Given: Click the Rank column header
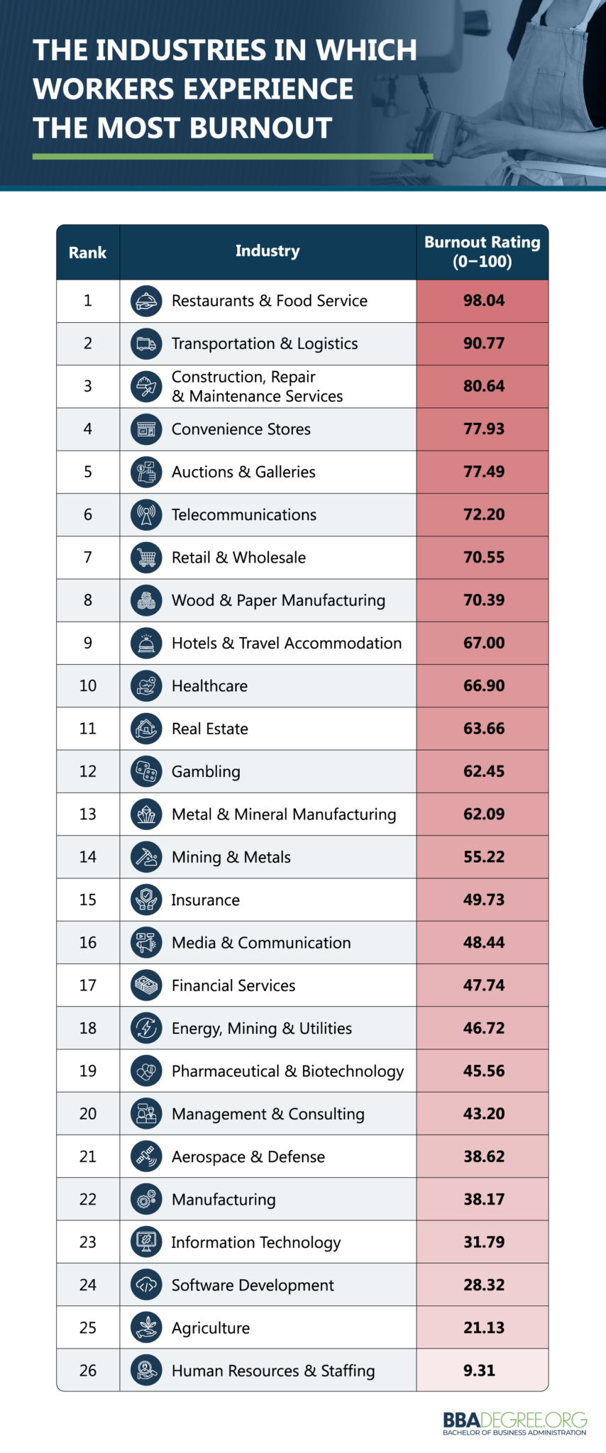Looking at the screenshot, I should pyautogui.click(x=87, y=253).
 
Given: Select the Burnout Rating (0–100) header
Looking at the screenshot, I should pyautogui.click(x=483, y=252).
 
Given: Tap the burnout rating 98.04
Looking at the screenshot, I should pyautogui.click(x=483, y=301).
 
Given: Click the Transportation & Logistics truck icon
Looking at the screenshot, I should pyautogui.click(x=146, y=344).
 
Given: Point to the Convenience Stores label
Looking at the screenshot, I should pyautogui.click(x=241, y=429).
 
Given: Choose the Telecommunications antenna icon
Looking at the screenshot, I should pyautogui.click(x=146, y=515).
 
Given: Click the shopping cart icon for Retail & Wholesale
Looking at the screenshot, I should pyautogui.click(x=146, y=558).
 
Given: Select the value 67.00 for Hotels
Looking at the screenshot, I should pyautogui.click(x=483, y=643).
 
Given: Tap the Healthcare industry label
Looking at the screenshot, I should pyautogui.click(x=209, y=686).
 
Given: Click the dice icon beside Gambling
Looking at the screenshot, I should pyautogui.click(x=146, y=771).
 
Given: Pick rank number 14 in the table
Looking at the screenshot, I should pyautogui.click(x=87, y=857).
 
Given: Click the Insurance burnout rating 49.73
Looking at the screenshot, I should pyautogui.click(x=483, y=900).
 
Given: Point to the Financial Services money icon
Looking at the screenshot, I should pyautogui.click(x=146, y=985).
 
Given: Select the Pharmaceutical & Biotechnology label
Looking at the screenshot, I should pyautogui.click(x=287, y=1071).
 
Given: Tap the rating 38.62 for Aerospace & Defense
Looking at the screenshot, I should pyautogui.click(x=483, y=1156).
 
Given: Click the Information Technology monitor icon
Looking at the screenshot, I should pyautogui.click(x=146, y=1242).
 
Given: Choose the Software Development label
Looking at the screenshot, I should pyautogui.click(x=253, y=1285).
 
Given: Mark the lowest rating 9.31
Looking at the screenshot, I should pyautogui.click(x=479, y=1371).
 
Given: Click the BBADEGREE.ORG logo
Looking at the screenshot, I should pyautogui.click(x=514, y=1422).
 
